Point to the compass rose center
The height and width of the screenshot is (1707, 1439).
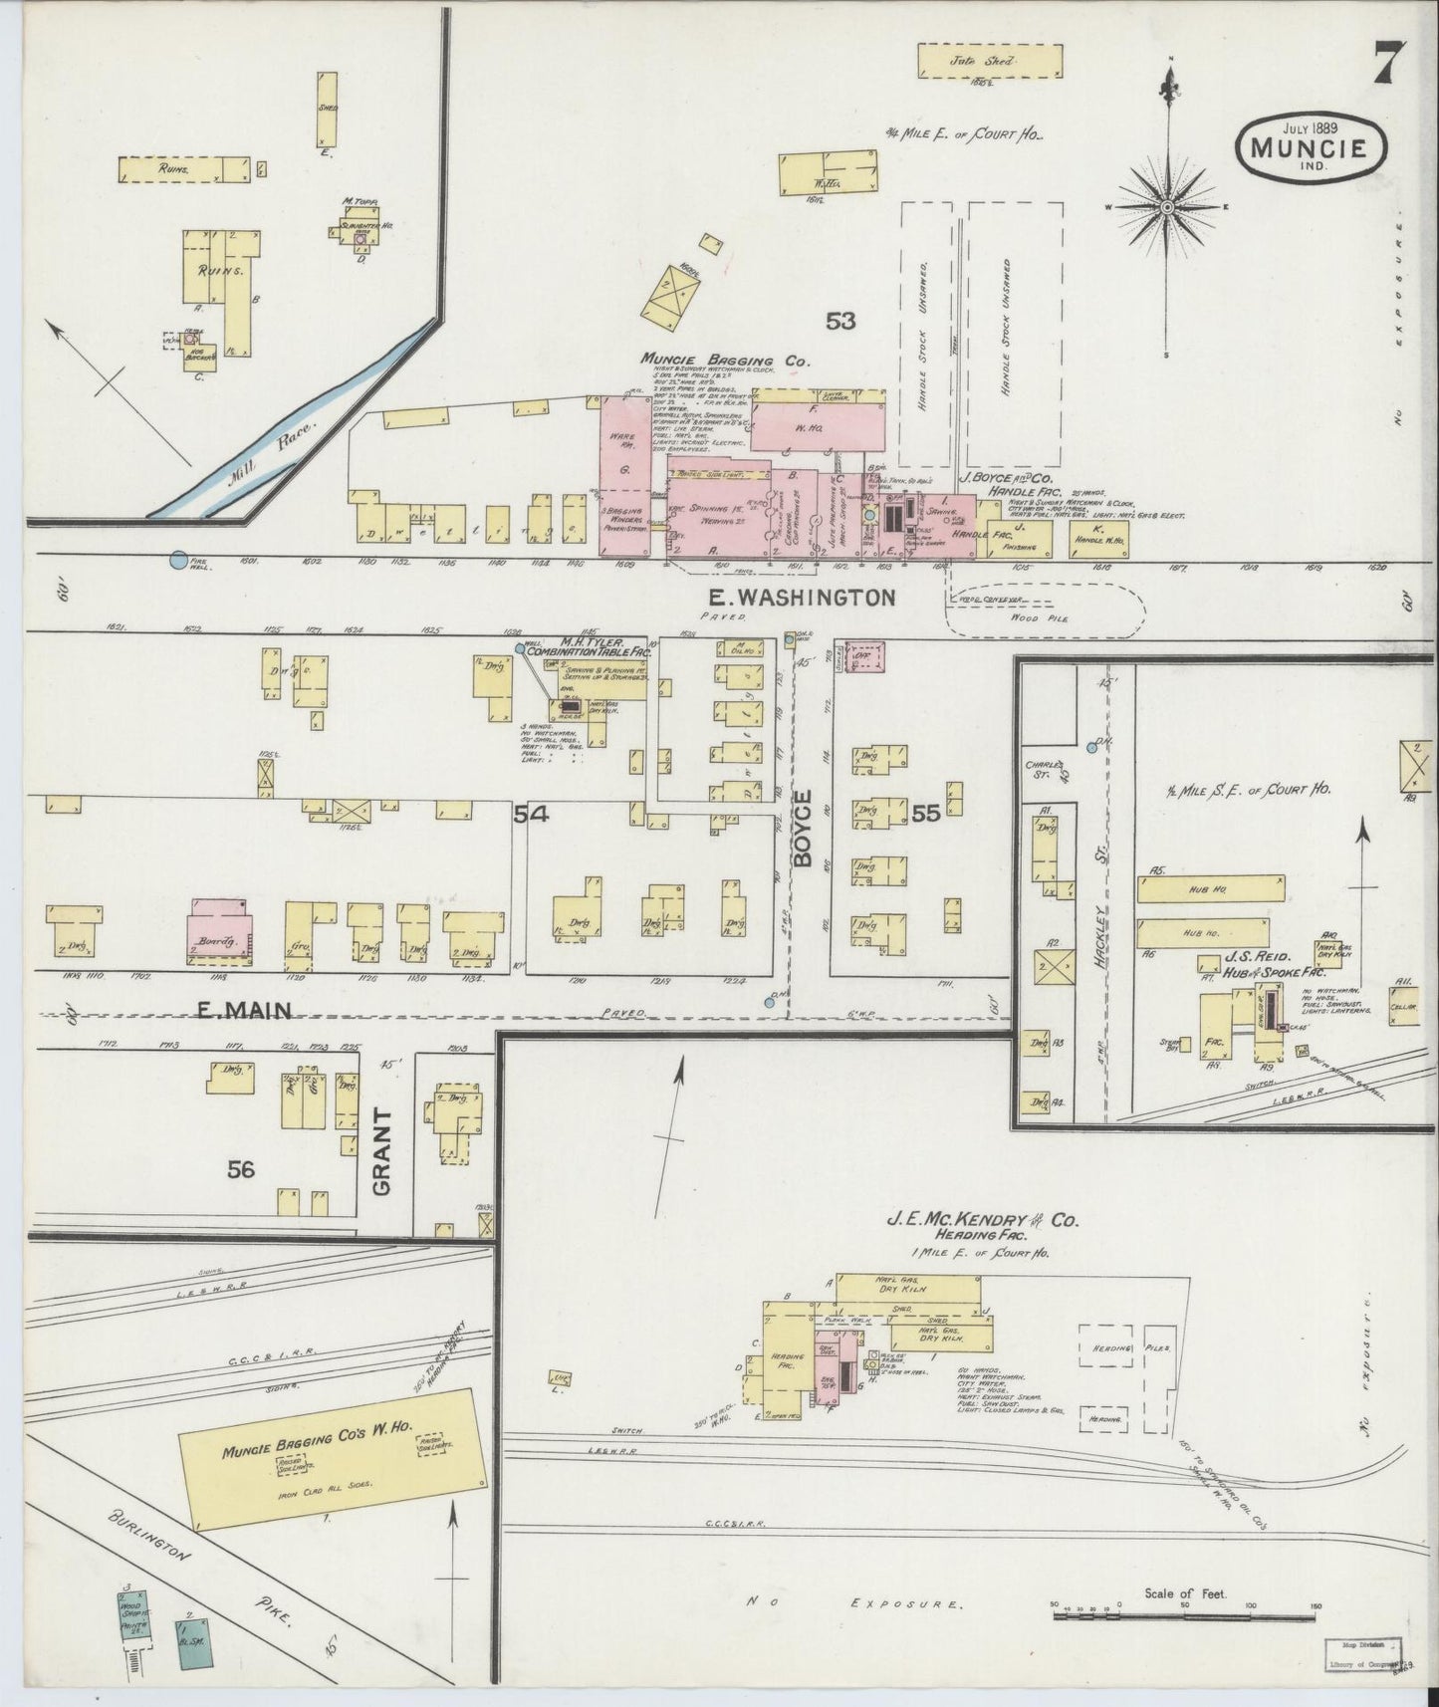[x=1166, y=207]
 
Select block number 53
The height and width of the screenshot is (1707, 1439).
[x=839, y=321]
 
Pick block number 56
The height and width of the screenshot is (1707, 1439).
[x=241, y=1169]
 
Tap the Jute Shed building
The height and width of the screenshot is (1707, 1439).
[x=989, y=62]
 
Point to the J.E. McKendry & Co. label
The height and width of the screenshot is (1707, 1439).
[x=983, y=1220]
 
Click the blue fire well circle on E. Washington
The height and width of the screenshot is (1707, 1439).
[x=178, y=561]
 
